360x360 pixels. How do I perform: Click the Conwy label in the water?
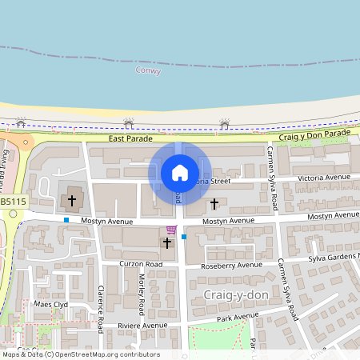pyautogui.click(x=149, y=71)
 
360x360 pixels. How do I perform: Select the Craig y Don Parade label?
pyautogui.click(x=315, y=134)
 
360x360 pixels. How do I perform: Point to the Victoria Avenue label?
pyautogui.click(x=323, y=177)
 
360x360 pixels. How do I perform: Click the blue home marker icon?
pyautogui.click(x=180, y=172)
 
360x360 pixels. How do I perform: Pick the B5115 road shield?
pyautogui.click(x=12, y=202)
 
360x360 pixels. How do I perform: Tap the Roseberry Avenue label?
pyautogui.click(x=232, y=265)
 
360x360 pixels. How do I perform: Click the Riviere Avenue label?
pyautogui.click(x=142, y=326)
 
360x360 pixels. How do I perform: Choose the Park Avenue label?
pyautogui.click(x=228, y=322)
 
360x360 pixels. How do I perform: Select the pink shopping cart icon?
pyautogui.click(x=171, y=230)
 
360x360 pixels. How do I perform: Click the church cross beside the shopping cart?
pyautogui.click(x=167, y=242)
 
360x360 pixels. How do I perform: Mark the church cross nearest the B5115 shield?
pyautogui.click(x=72, y=199)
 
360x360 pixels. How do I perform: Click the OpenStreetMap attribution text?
pyautogui.click(x=80, y=354)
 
